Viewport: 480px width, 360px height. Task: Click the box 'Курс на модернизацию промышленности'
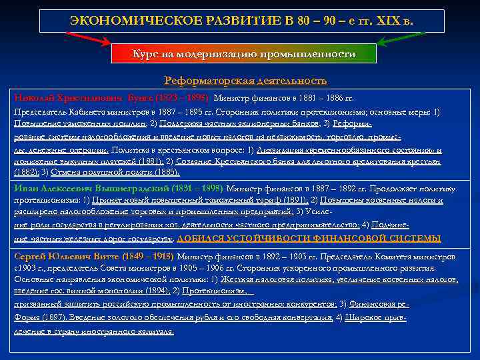point(244,54)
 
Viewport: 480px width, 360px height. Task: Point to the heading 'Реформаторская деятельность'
point(245,81)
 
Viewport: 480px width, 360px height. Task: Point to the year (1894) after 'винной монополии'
point(154,291)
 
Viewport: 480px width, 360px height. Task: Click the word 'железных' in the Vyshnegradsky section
point(70,238)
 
